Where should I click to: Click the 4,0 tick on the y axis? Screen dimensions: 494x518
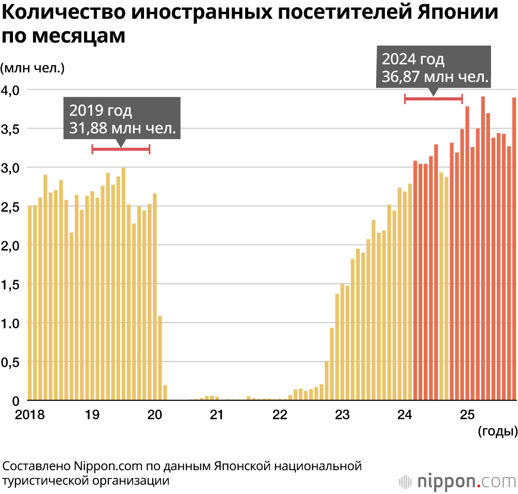tap(11, 90)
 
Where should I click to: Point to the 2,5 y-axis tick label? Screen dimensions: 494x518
tap(11, 207)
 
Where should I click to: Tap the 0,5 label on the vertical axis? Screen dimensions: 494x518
tap(11, 362)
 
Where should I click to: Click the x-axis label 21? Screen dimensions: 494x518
tap(217, 414)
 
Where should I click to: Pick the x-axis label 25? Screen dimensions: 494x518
tap(467, 414)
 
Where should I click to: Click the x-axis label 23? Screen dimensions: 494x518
tap(342, 414)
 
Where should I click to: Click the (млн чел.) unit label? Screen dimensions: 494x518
tap(32, 67)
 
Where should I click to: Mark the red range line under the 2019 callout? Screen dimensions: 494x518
tap(121, 149)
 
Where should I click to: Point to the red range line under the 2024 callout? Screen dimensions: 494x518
tap(433, 98)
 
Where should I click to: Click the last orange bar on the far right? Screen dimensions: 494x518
tap(514, 249)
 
